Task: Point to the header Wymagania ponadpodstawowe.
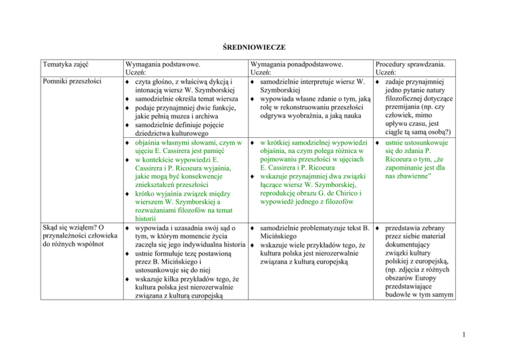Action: click(x=297, y=65)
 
